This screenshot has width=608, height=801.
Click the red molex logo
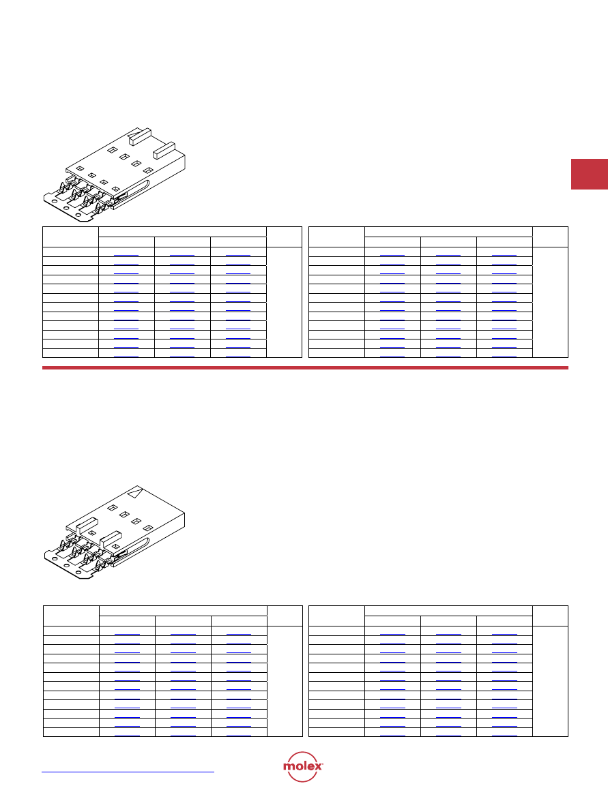tap(303, 766)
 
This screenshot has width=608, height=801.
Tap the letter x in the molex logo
tap(318, 766)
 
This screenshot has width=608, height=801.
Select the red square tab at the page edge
tap(590, 175)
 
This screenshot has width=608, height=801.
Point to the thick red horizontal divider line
tap(305, 368)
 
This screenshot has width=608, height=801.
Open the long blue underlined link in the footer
tap(128, 772)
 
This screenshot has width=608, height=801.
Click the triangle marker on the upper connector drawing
tap(135, 136)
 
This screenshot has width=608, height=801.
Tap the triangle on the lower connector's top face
tap(134, 493)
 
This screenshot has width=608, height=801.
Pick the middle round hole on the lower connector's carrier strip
tap(66, 566)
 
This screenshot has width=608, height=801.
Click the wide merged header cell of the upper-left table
tap(183, 232)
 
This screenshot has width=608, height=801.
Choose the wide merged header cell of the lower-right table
tap(448, 611)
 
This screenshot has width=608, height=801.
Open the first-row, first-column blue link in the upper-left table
tap(126, 254)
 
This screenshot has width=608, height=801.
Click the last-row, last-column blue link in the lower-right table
tap(504, 736)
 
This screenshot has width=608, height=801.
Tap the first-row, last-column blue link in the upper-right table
tap(504, 254)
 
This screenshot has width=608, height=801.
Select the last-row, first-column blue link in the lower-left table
tap(127, 736)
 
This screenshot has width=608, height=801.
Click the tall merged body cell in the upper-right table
tap(550, 303)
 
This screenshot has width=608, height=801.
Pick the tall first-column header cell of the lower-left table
tap(71, 616)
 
